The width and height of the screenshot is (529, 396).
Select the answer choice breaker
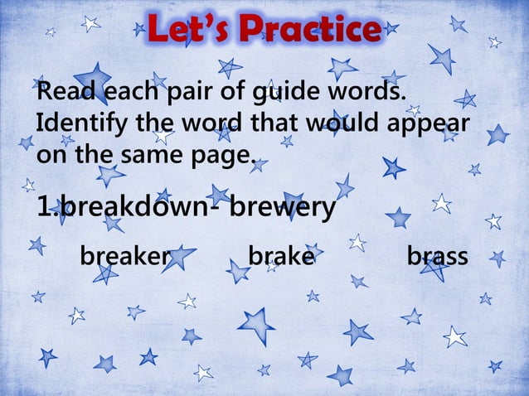[124, 257]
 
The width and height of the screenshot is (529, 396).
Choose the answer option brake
[281, 257]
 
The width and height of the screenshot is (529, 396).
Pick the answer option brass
[437, 257]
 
